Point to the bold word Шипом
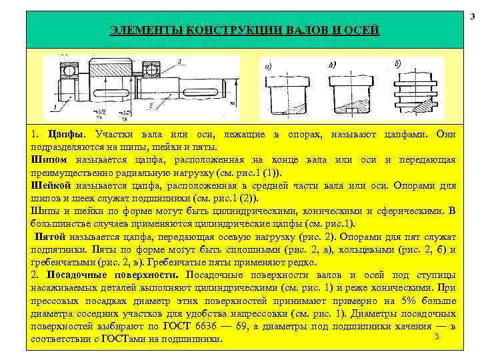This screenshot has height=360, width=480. coord(49,161)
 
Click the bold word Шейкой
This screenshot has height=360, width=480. coord(52,186)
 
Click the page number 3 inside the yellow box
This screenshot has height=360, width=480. coord(435,337)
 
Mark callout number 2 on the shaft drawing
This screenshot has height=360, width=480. coord(152,105)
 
